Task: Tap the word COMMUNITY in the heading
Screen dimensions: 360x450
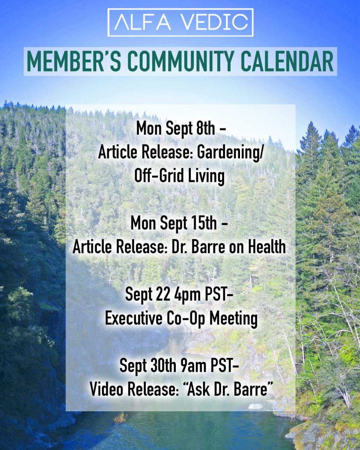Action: [181, 61]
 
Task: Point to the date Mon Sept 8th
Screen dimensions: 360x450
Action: [176, 128]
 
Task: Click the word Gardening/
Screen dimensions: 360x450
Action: [229, 152]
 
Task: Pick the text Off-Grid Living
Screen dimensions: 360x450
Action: [179, 176]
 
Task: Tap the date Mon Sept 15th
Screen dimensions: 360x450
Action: [174, 223]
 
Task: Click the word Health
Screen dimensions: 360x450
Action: [267, 247]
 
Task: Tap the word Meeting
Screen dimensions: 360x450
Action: [233, 319]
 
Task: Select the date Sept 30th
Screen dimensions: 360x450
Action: [148, 365]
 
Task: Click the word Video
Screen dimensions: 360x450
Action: [106, 389]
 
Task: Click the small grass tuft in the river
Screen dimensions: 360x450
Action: [120, 417]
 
